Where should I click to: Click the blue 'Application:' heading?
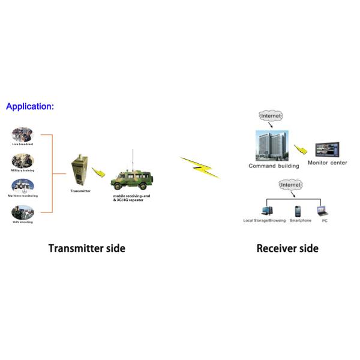click(x=30, y=106)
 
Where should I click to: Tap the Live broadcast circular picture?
click(x=22, y=134)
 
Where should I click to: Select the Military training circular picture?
click(x=22, y=161)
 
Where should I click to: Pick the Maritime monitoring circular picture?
click(x=22, y=186)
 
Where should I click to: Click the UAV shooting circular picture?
click(x=22, y=212)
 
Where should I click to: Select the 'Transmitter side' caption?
click(x=86, y=248)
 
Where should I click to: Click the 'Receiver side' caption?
click(x=287, y=248)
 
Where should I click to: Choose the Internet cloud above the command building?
click(x=271, y=115)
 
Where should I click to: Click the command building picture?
click(x=271, y=145)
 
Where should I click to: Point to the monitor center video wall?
click(x=327, y=150)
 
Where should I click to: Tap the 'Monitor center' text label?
click(x=327, y=163)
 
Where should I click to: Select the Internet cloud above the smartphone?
click(x=292, y=185)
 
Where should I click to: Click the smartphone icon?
click(x=297, y=211)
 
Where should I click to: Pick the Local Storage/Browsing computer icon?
click(x=266, y=211)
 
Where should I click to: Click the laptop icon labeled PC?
click(x=322, y=211)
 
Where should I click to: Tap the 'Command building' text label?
click(x=274, y=166)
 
